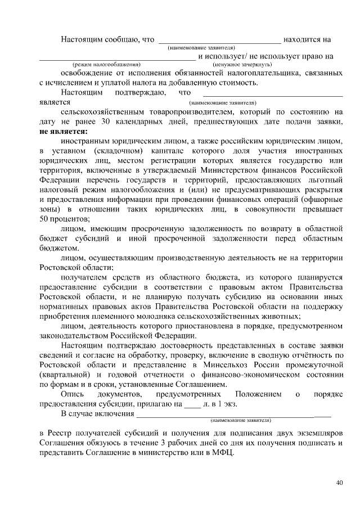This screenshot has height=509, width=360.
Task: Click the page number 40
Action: (339, 483)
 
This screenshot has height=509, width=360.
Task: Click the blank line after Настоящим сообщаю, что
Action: (219, 40)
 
